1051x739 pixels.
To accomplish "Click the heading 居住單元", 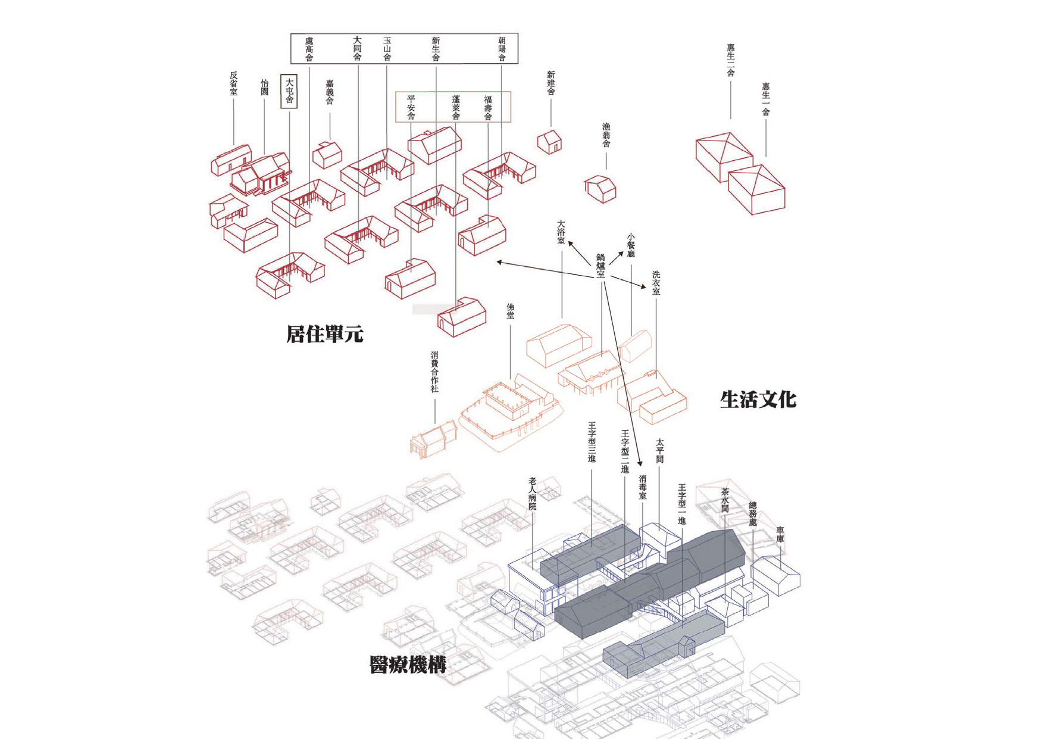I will [x=324, y=334].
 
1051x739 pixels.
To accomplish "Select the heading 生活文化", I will [x=758, y=400].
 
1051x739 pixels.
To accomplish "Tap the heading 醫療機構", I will [x=408, y=665].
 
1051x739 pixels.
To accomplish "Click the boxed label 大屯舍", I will [x=289, y=92].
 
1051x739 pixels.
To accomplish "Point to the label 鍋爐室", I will [x=600, y=266].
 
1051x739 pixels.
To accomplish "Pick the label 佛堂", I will [x=510, y=311].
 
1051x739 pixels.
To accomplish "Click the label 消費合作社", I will [x=434, y=372].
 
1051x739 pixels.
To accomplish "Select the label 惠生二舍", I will [x=730, y=60].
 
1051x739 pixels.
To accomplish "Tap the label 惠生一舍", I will [x=766, y=99].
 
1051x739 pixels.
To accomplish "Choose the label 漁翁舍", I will [x=606, y=135].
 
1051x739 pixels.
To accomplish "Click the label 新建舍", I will [x=550, y=83].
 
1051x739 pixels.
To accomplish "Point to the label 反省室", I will [x=233, y=83].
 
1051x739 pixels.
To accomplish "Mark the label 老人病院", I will [x=532, y=493].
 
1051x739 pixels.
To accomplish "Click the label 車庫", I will [x=780, y=534].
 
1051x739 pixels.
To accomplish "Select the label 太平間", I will [x=659, y=451].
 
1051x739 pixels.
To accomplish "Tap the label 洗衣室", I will [x=656, y=283].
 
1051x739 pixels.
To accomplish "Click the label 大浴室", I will [x=561, y=232].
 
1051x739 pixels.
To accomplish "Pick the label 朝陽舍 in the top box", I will [x=502, y=49].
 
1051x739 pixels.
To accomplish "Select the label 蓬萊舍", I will [x=456, y=108].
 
